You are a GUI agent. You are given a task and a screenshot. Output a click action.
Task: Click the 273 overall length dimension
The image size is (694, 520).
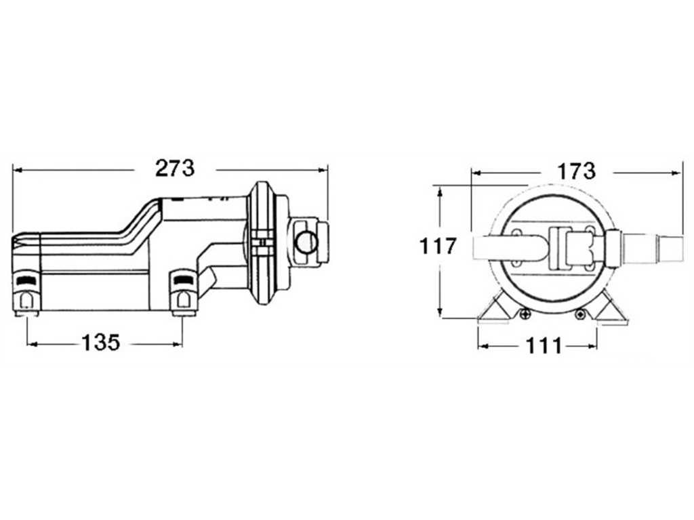[175, 169]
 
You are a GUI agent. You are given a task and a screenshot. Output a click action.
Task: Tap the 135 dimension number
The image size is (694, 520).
[101, 342]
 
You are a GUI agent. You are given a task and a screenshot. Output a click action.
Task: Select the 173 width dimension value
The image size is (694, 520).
[576, 171]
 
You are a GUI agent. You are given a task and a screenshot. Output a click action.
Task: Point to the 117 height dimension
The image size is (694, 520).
[437, 246]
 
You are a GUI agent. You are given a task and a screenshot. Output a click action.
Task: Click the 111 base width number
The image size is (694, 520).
[544, 346]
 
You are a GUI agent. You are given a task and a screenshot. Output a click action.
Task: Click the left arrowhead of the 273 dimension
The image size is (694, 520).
[18, 169]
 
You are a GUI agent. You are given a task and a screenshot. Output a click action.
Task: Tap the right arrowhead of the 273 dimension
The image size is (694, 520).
[323, 169]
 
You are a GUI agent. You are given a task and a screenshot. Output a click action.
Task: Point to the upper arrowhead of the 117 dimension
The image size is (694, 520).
[439, 192]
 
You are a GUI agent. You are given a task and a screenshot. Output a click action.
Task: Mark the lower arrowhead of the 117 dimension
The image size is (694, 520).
[439, 312]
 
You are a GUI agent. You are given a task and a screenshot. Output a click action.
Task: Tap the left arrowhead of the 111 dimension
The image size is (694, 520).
[483, 346]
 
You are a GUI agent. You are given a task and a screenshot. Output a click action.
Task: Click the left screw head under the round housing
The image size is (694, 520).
[525, 314]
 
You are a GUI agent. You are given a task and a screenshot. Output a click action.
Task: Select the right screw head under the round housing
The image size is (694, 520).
[580, 314]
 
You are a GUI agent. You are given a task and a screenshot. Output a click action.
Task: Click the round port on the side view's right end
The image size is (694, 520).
[306, 242]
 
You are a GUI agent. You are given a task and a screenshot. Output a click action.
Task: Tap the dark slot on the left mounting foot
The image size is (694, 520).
[27, 280]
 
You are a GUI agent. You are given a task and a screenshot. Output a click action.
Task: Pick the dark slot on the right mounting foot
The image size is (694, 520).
[182, 280]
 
